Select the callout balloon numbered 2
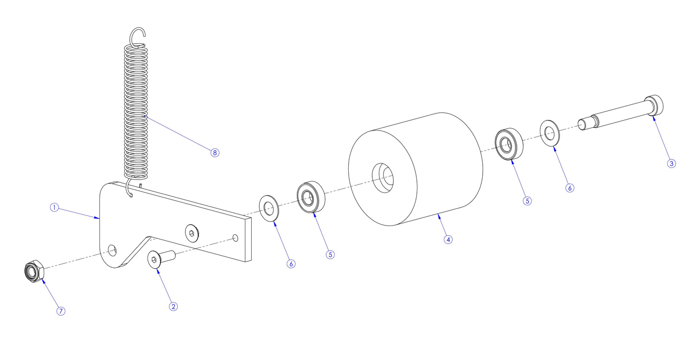(x=173, y=306)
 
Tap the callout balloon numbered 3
(x=671, y=163)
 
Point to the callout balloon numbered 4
(x=448, y=239)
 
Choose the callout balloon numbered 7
(x=61, y=311)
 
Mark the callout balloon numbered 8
(x=215, y=153)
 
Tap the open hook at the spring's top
(x=138, y=35)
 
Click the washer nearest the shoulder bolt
(x=549, y=132)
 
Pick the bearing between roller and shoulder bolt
(x=508, y=143)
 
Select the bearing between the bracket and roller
(x=311, y=196)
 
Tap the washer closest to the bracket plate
(x=270, y=209)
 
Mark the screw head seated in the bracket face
(x=192, y=233)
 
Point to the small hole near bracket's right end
(x=235, y=238)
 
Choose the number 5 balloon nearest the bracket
(x=330, y=254)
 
